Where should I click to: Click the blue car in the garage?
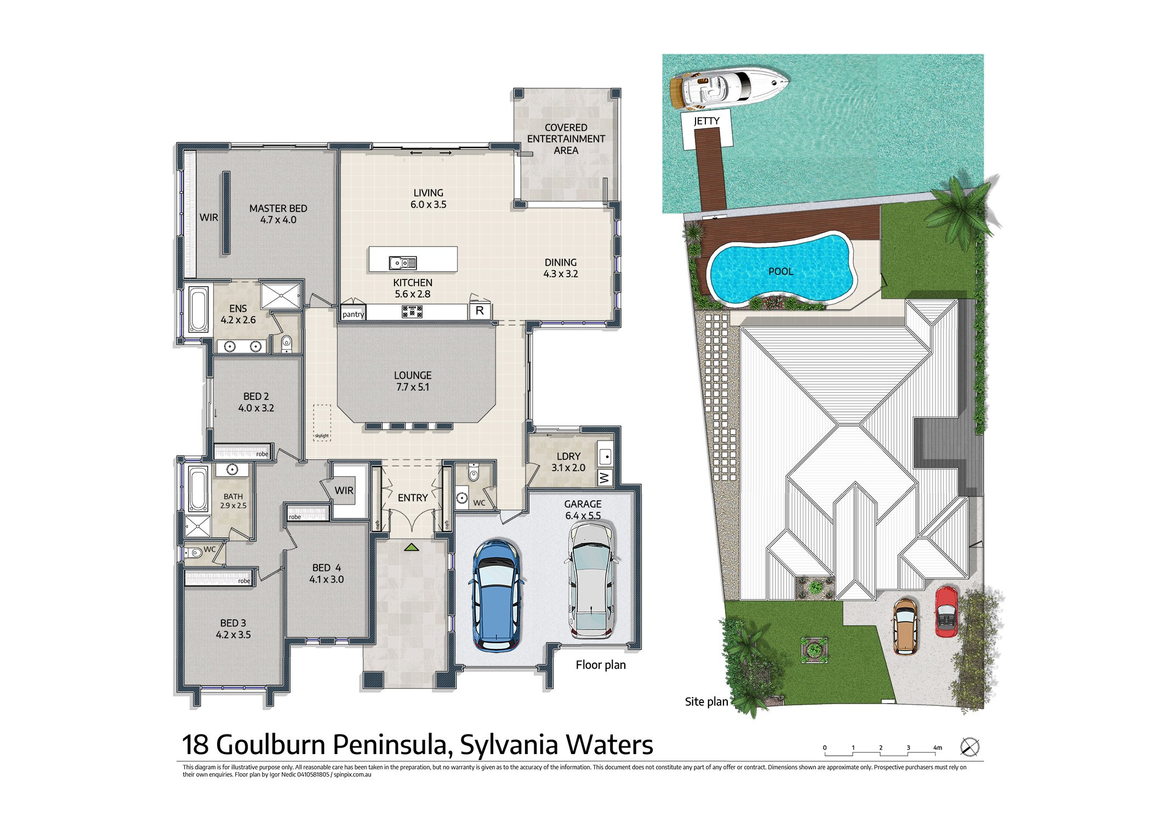tap(496, 595)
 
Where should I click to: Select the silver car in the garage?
tap(591, 580)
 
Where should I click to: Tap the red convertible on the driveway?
tap(947, 612)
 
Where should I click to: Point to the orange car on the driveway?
tap(905, 626)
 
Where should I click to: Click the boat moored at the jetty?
tap(728, 87)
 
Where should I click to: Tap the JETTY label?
tap(706, 121)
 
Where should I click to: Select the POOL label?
tap(780, 271)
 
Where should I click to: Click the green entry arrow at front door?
tap(412, 547)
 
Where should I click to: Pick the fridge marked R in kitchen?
tap(480, 311)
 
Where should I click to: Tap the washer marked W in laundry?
tap(605, 478)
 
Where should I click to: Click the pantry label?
tap(353, 314)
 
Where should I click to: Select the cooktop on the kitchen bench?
tap(412, 311)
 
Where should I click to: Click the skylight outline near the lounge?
tap(322, 422)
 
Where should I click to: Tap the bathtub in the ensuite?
tap(198, 310)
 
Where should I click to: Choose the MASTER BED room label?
tap(278, 209)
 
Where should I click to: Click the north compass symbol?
tap(970, 747)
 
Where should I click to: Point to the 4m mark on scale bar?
tap(937, 748)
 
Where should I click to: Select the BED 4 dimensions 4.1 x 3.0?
tap(327, 579)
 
